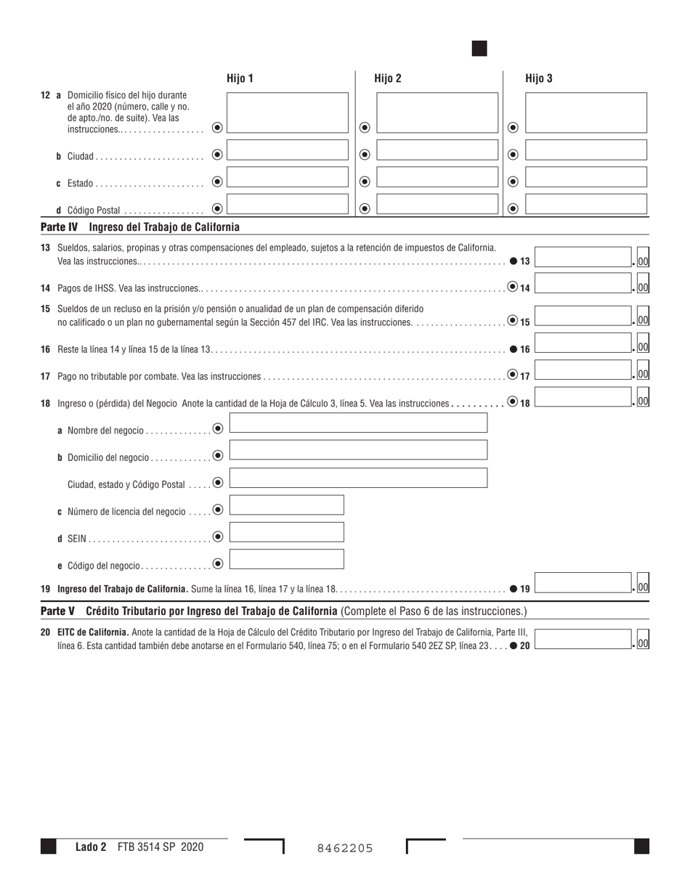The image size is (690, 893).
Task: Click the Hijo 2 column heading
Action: [388, 78]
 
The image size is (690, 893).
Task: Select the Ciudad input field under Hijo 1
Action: [288, 151]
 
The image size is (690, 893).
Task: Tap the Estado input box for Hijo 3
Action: [585, 178]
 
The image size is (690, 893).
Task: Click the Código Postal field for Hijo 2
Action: [437, 204]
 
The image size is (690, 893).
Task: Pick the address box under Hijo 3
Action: [585, 113]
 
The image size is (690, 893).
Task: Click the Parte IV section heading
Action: [140, 227]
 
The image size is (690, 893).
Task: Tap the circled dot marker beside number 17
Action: [513, 375]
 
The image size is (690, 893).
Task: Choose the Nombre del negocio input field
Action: [358, 423]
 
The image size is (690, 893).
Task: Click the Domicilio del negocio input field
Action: [358, 450]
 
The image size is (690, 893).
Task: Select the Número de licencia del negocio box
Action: [286, 505]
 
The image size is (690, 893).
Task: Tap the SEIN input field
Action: [286, 532]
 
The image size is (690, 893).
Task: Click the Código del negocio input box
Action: [286, 559]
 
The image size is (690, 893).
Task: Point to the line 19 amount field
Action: [583, 584]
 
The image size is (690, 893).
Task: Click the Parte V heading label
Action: [58, 611]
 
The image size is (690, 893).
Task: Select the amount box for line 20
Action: [583, 639]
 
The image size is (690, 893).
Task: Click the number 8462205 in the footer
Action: [345, 847]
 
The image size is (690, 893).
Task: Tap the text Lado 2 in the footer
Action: [91, 847]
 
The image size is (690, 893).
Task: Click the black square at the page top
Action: [479, 49]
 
